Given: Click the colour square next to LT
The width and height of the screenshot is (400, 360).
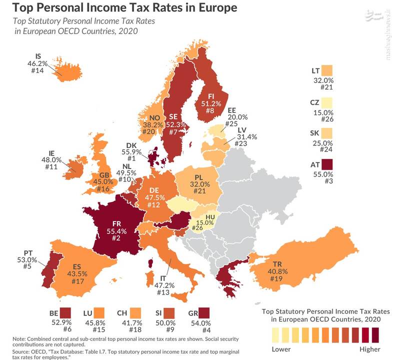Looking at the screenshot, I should coord(327,70).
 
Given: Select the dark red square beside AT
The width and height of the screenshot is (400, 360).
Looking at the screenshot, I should coord(327,164).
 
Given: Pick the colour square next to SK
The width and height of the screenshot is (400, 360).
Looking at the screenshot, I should coord(327,133).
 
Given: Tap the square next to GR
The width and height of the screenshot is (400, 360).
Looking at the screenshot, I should coord(203,313).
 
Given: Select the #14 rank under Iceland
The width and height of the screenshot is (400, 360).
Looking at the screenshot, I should coord(38,71).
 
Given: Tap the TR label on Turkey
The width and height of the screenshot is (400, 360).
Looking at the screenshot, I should coord(278,263).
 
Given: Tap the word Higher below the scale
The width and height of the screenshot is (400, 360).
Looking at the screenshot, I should coord(369,349).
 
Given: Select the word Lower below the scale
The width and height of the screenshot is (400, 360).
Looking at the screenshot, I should coord(281,349).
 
